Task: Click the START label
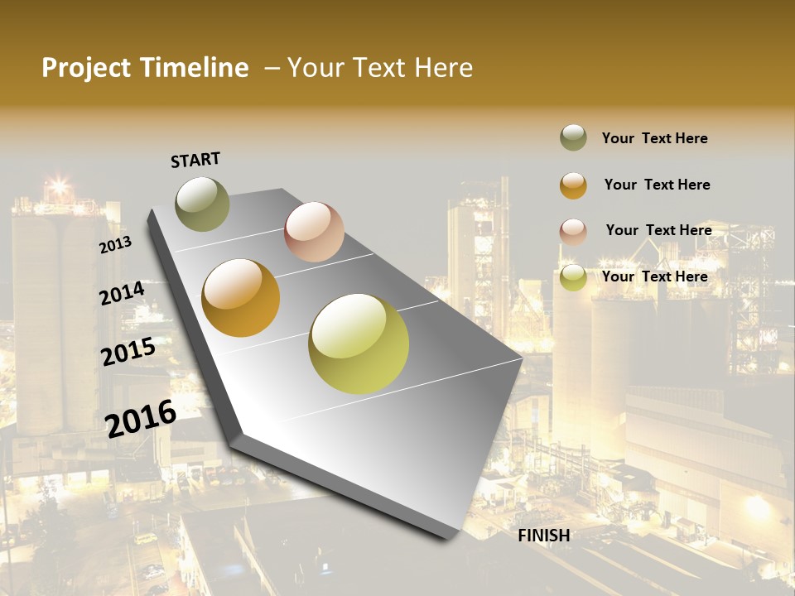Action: (x=195, y=160)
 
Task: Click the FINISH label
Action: (x=544, y=536)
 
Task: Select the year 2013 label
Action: (x=116, y=245)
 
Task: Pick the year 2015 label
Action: (x=128, y=353)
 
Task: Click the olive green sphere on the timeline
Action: (x=202, y=204)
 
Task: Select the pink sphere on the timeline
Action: (x=314, y=232)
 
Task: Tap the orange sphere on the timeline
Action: (x=241, y=298)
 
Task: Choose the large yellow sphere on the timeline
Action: (x=359, y=344)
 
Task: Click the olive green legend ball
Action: (x=573, y=137)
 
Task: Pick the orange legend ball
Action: (x=573, y=185)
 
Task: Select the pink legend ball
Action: (x=573, y=232)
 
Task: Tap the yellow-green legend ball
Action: (x=573, y=277)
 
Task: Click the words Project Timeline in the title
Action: (x=145, y=68)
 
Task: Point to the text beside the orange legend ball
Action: (x=657, y=185)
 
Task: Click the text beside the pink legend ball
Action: (x=658, y=230)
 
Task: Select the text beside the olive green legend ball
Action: (x=654, y=138)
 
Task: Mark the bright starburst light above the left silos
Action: (x=58, y=184)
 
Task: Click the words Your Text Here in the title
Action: (x=380, y=68)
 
